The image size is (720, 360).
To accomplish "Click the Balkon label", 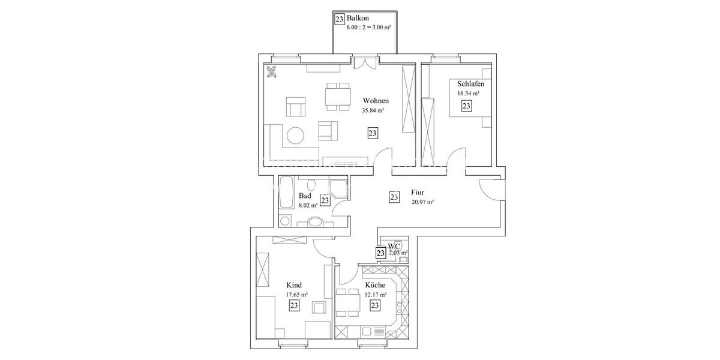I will pyautogui.click(x=358, y=19).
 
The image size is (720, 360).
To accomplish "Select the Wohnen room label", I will pyautogui.click(x=376, y=101).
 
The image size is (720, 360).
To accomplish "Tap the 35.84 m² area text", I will pyautogui.click(x=373, y=111).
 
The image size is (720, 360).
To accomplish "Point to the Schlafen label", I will pyautogui.click(x=471, y=83).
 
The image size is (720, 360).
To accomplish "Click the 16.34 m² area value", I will pyautogui.click(x=468, y=94).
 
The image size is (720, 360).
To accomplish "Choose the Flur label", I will pyautogui.click(x=418, y=192).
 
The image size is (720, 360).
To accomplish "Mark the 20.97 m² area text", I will pyautogui.click(x=422, y=202).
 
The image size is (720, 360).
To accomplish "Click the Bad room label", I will pyautogui.click(x=305, y=196).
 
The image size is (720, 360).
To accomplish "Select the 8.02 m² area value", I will pyautogui.click(x=308, y=205).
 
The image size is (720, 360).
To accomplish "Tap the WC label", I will pyautogui.click(x=394, y=246).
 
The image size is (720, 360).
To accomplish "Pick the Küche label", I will pyautogui.click(x=374, y=285).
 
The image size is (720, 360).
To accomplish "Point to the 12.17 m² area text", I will pyautogui.click(x=376, y=295).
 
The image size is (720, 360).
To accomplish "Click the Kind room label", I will pyautogui.click(x=294, y=285).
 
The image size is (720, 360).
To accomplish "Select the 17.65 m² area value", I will pyautogui.click(x=296, y=295).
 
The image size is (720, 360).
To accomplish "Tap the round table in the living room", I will pyautogui.click(x=295, y=136).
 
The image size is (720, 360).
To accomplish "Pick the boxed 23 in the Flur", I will pyautogui.click(x=394, y=197).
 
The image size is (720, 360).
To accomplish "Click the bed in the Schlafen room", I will pyautogui.click(x=472, y=106).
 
